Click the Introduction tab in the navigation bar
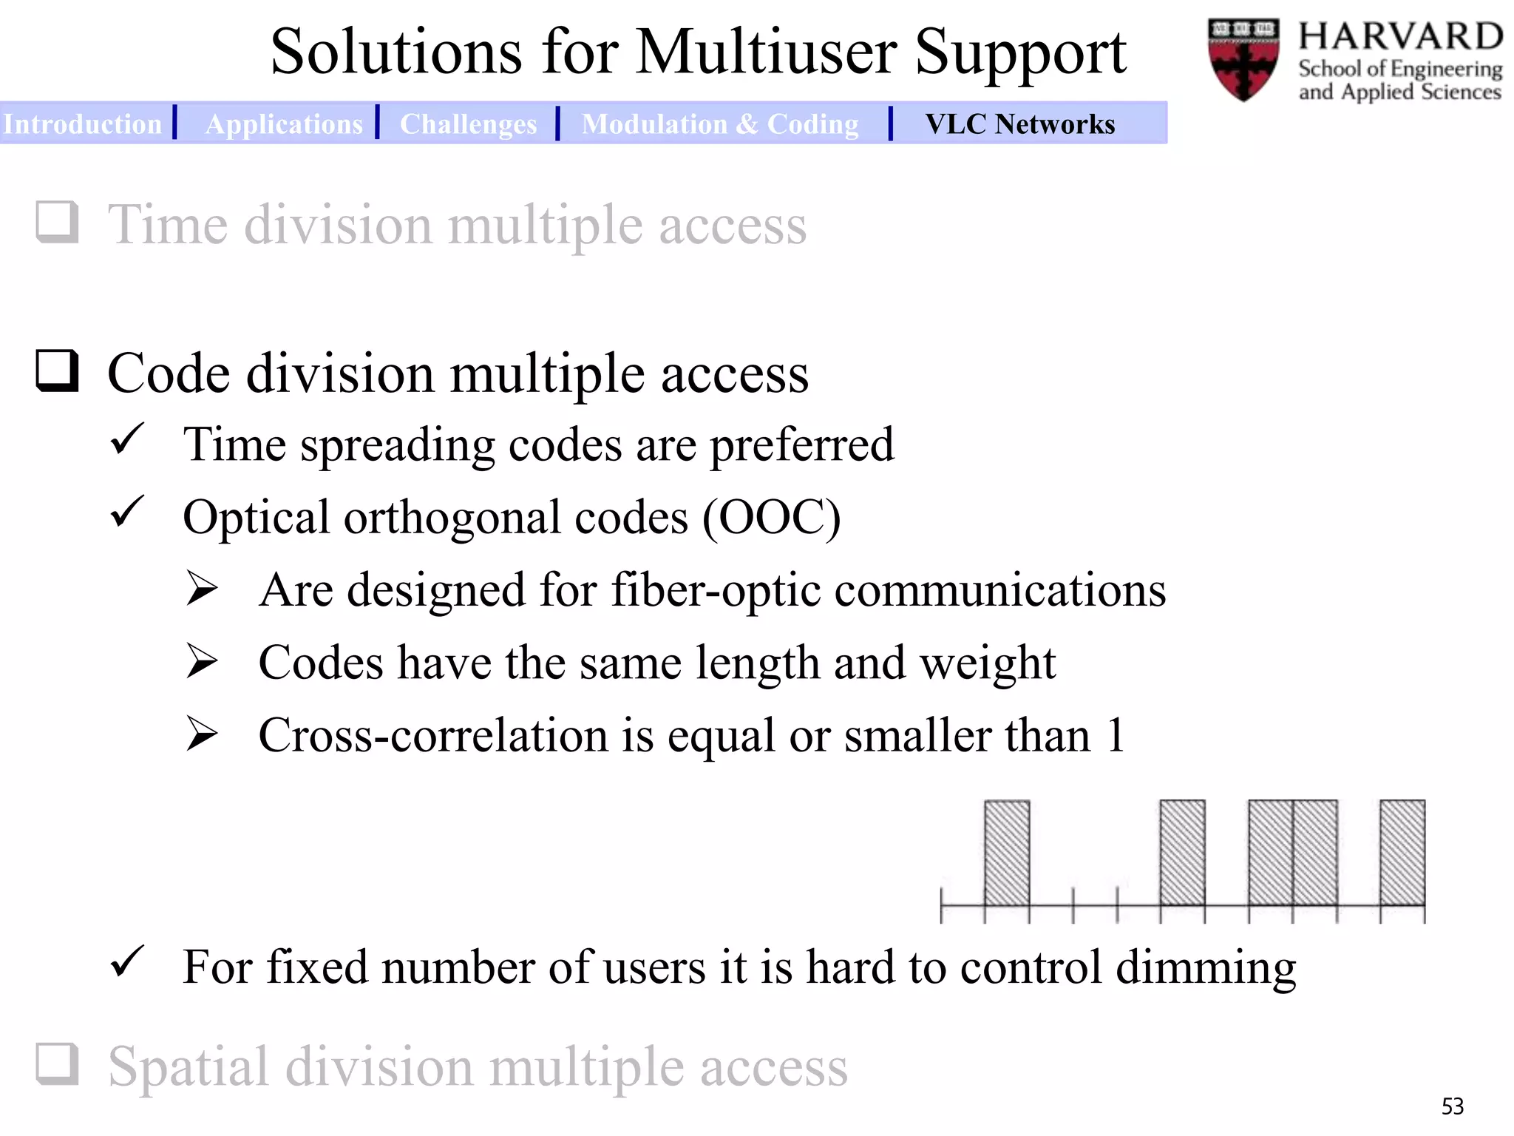point(82,124)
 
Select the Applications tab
point(284,124)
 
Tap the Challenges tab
point(468,124)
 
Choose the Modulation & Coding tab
point(720,124)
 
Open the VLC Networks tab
point(1019,124)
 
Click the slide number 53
point(1452,1106)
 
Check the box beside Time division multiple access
point(57,222)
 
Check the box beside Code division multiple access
point(57,371)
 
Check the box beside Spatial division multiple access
point(57,1064)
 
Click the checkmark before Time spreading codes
point(126,440)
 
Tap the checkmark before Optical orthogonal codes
point(126,513)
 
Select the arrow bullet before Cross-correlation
point(202,734)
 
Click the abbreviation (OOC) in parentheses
point(771,518)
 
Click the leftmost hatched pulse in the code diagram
point(1006,852)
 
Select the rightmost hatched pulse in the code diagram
point(1402,852)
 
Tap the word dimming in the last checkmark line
point(1206,968)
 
